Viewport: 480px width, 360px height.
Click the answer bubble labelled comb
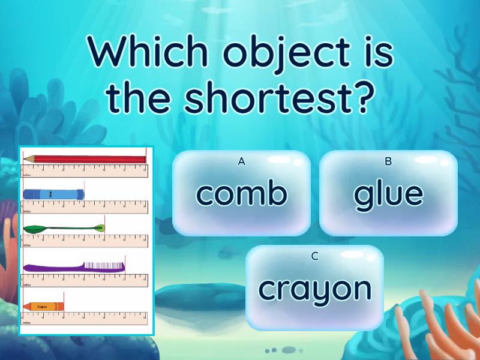click(x=241, y=193)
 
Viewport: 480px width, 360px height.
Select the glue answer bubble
click(x=388, y=193)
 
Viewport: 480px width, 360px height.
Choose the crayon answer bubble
click(x=314, y=289)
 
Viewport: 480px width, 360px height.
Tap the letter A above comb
click(x=242, y=161)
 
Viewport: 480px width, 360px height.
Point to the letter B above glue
click(x=388, y=161)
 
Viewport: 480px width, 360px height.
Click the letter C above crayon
click(x=314, y=257)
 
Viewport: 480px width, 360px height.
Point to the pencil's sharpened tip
click(x=26, y=159)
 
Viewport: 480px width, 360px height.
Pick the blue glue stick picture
click(x=53, y=194)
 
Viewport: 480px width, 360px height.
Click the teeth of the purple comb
click(x=104, y=264)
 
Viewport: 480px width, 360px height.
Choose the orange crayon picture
click(x=43, y=306)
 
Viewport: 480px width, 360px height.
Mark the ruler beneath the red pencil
click(x=84, y=171)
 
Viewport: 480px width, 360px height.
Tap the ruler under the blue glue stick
click(x=84, y=207)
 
